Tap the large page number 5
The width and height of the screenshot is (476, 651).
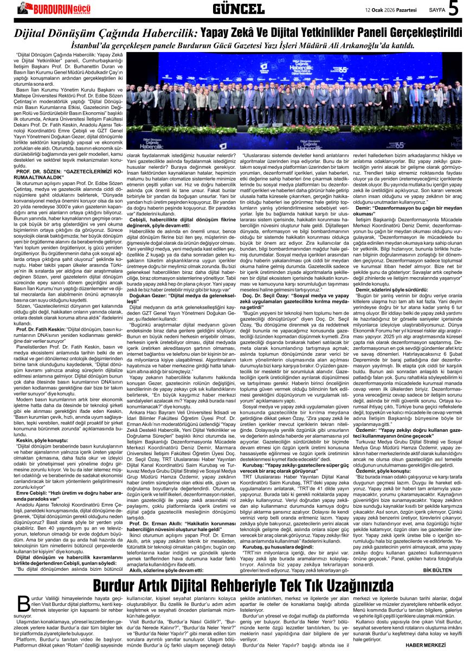(454, 9)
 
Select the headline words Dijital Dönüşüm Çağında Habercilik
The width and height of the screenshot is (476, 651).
(106, 33)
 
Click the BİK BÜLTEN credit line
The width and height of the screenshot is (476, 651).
(437, 570)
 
